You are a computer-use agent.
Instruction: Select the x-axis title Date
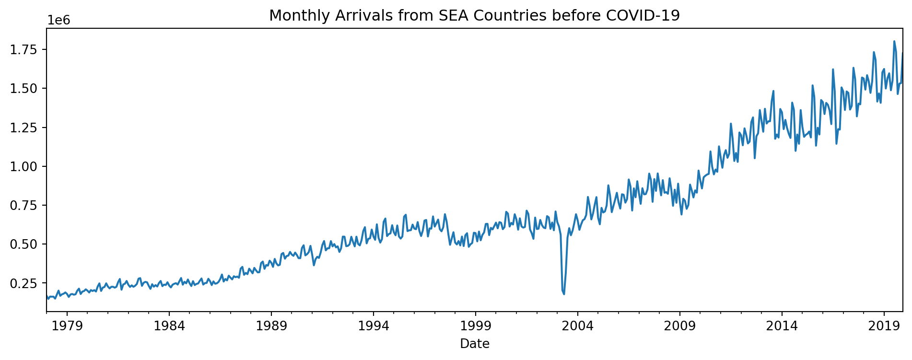coord(475,344)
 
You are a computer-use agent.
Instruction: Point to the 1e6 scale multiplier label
coord(59,21)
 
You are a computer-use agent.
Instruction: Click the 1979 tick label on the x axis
coord(67,327)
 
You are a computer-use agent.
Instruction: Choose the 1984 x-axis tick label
coord(169,327)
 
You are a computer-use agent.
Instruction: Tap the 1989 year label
coord(271,327)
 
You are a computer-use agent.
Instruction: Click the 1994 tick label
coord(374,327)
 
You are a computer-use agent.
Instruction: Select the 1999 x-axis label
coord(476,327)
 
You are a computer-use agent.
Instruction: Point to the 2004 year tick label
coord(578,327)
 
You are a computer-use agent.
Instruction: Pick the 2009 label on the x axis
coord(680,327)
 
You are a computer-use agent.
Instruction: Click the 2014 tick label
coord(782,327)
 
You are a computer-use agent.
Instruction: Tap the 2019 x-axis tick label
coord(884,327)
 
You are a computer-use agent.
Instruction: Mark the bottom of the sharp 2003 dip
coord(564,294)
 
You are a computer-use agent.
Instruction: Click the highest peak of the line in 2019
coord(894,41)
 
